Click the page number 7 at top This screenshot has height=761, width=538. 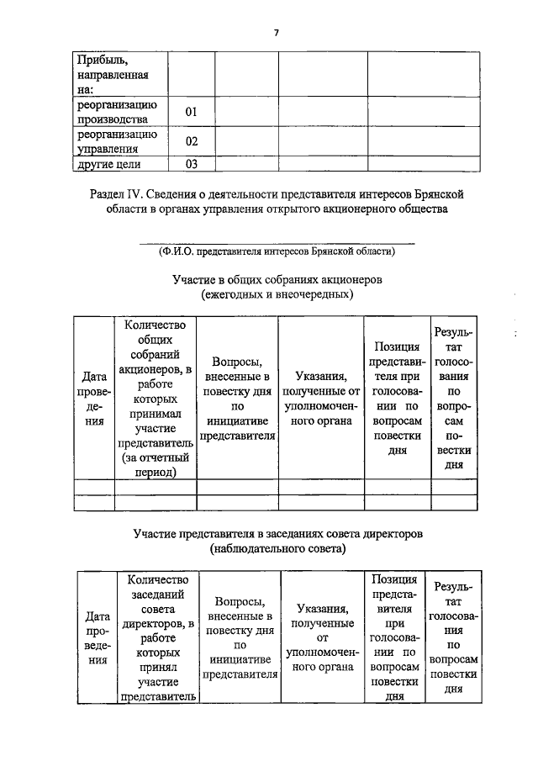[x=276, y=33]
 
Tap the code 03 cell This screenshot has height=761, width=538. [x=191, y=164]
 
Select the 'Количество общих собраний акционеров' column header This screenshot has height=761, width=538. [x=156, y=398]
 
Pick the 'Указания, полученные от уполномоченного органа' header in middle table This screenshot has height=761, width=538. [x=321, y=399]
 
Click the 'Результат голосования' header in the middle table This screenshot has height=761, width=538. [x=454, y=399]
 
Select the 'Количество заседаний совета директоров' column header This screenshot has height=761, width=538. [x=158, y=637]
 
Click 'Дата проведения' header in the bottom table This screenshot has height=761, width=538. [x=98, y=637]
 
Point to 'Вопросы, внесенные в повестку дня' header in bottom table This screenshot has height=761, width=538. [x=240, y=637]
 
